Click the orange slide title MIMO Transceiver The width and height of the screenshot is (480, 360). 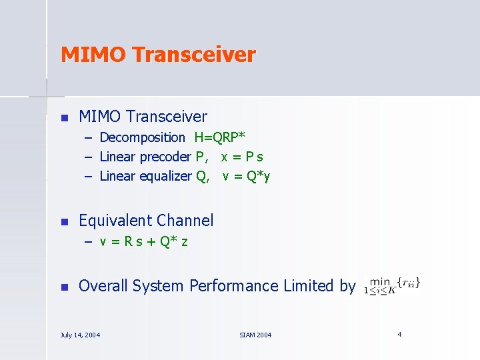(158, 55)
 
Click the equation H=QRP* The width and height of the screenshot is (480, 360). (219, 138)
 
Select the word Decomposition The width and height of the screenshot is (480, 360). (142, 138)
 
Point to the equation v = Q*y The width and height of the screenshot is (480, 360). (246, 177)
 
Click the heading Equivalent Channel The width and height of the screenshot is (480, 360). (146, 221)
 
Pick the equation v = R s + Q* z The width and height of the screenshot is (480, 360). (143, 241)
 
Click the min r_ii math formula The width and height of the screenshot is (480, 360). (392, 285)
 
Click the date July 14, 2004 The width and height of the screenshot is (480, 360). (80, 335)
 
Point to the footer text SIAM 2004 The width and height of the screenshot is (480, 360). (255, 335)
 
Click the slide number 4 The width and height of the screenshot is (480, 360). (399, 334)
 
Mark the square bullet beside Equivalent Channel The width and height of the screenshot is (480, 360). (64, 222)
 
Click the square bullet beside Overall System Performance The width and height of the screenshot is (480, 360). (64, 287)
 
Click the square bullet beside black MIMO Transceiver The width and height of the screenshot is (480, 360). (64, 118)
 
